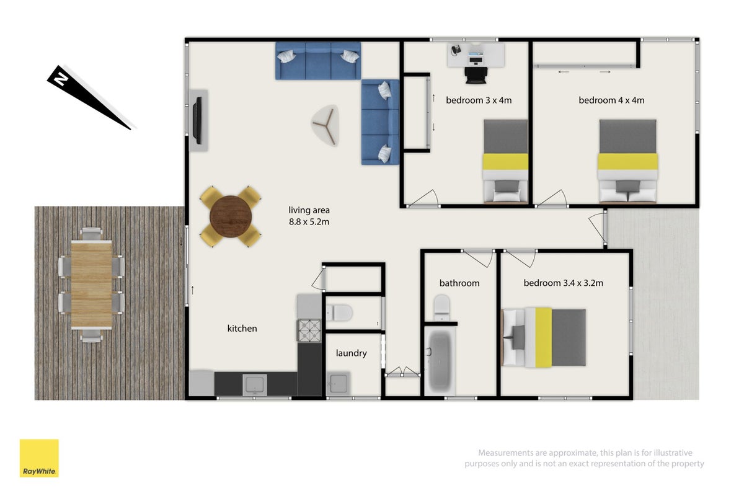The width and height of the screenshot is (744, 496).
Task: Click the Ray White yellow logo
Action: (39, 458)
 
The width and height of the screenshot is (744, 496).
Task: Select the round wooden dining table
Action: (231, 216)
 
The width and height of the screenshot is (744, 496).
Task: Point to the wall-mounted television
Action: (198, 120)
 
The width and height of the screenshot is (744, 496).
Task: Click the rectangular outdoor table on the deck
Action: (91, 285)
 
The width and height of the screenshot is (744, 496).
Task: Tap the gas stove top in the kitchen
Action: (309, 330)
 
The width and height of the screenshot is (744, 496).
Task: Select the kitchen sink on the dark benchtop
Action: (255, 384)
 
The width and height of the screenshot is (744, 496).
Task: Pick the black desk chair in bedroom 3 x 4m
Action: (476, 76)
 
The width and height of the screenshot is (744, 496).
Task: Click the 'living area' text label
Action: (309, 210)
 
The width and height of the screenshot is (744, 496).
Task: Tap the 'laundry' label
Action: (351, 353)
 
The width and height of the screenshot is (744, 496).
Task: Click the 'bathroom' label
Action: (459, 283)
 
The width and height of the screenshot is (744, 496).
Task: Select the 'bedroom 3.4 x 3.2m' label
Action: (564, 283)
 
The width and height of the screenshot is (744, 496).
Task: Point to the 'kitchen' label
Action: (242, 328)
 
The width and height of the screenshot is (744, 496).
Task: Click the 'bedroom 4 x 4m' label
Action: (611, 100)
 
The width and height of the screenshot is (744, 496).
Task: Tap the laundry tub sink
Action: (339, 384)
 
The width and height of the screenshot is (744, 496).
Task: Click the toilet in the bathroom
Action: (441, 308)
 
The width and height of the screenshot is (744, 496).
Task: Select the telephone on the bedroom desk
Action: (456, 50)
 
